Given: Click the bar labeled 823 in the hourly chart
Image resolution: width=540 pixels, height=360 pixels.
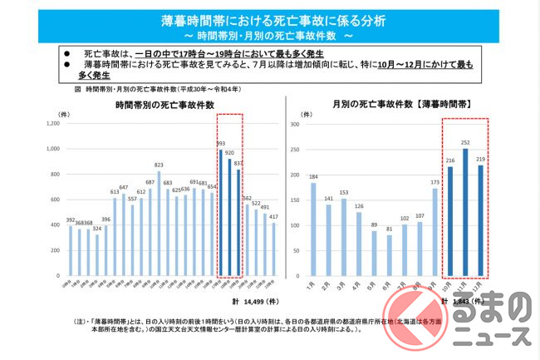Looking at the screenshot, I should tap(158, 224).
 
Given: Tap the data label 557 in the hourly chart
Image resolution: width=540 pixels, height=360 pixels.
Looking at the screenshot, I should tap(132, 199).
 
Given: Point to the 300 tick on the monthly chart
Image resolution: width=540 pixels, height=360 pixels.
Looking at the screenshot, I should tap(293, 124).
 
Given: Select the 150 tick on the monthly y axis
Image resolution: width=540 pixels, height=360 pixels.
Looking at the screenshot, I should tap(293, 200).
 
